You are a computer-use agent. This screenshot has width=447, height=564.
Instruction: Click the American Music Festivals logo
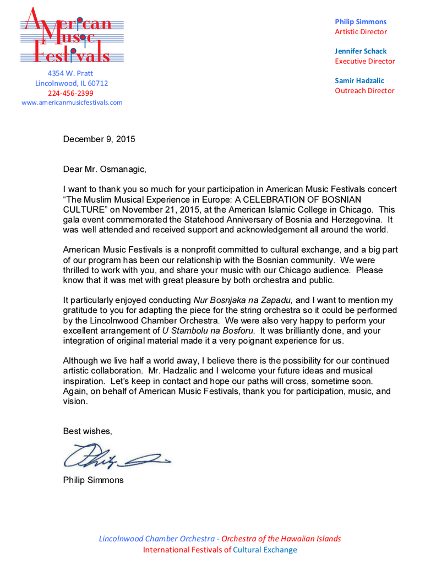point(72,36)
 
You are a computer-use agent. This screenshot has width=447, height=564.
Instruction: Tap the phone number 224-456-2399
point(70,93)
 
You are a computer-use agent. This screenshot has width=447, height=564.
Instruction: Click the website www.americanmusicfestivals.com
point(72,102)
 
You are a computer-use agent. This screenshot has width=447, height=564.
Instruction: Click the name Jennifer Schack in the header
point(361,51)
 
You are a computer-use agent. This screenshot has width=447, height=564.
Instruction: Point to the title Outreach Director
point(364,90)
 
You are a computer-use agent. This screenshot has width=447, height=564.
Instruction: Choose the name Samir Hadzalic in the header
point(359,80)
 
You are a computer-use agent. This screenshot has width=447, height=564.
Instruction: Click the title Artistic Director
point(361,31)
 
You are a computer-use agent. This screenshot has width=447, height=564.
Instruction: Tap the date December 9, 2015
point(99,139)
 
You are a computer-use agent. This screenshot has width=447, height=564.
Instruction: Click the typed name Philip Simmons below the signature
point(93,480)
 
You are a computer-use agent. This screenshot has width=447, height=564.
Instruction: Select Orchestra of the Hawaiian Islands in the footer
point(281,539)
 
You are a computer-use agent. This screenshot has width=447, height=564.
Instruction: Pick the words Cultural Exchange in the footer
point(265,550)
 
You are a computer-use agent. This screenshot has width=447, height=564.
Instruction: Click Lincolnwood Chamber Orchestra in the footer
point(156,539)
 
